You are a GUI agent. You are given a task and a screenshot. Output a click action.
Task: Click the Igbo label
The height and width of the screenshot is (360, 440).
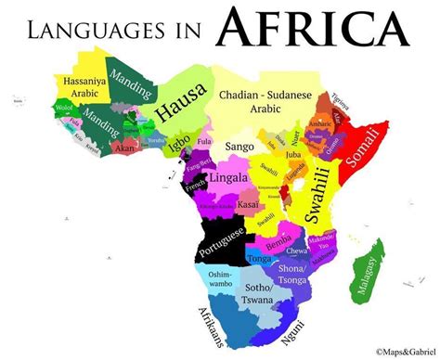(181, 142)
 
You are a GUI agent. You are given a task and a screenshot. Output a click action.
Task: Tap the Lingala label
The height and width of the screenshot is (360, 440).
(229, 178)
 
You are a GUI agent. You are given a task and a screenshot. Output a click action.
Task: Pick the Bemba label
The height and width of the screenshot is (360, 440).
(278, 243)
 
